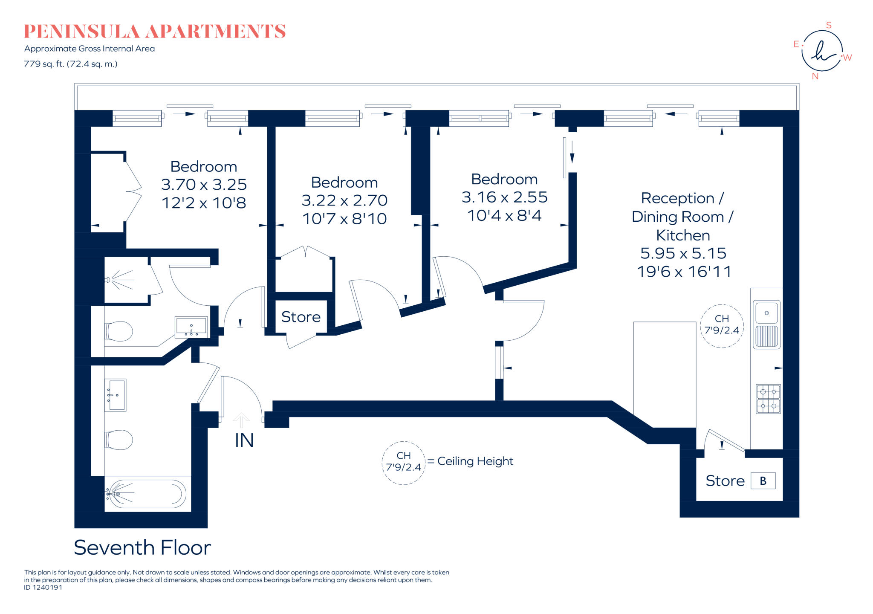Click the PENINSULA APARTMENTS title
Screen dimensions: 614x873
pos(154,32)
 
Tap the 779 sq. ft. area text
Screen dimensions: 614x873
pos(70,64)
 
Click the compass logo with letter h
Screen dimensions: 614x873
pos(822,51)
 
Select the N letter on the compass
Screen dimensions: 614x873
pos(815,77)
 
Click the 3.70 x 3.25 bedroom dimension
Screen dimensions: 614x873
pos(204,185)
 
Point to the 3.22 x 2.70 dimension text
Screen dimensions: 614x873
pos(344,200)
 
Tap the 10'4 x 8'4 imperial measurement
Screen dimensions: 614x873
pos(504,216)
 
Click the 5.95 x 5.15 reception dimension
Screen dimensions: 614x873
pos(683,253)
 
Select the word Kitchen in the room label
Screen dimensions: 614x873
pos(683,235)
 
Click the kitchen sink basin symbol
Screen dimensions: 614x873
pos(766,313)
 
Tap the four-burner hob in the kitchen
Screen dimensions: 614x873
pos(768,399)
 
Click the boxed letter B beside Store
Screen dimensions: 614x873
pos(763,481)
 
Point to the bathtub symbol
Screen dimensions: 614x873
pos(146,494)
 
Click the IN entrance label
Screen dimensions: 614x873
pos(244,440)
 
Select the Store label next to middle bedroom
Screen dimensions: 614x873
pos(301,317)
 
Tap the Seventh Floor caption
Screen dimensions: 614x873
pos(142,547)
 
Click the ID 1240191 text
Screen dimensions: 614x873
pos(43,588)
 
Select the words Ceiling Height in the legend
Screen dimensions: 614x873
pos(475,461)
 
